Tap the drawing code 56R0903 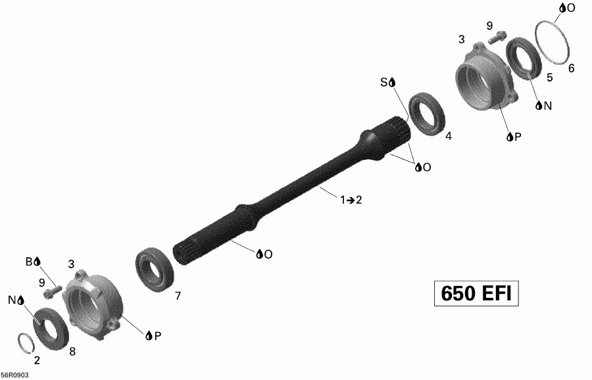tap(15, 375)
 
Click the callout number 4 tap(449, 137)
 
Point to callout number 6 tap(571, 68)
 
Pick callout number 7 tap(178, 296)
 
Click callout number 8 tap(72, 351)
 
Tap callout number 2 tap(36, 360)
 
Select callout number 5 tap(549, 77)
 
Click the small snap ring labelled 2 tap(24, 343)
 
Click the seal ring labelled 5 tap(524, 59)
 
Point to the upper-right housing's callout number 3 tap(462, 40)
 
